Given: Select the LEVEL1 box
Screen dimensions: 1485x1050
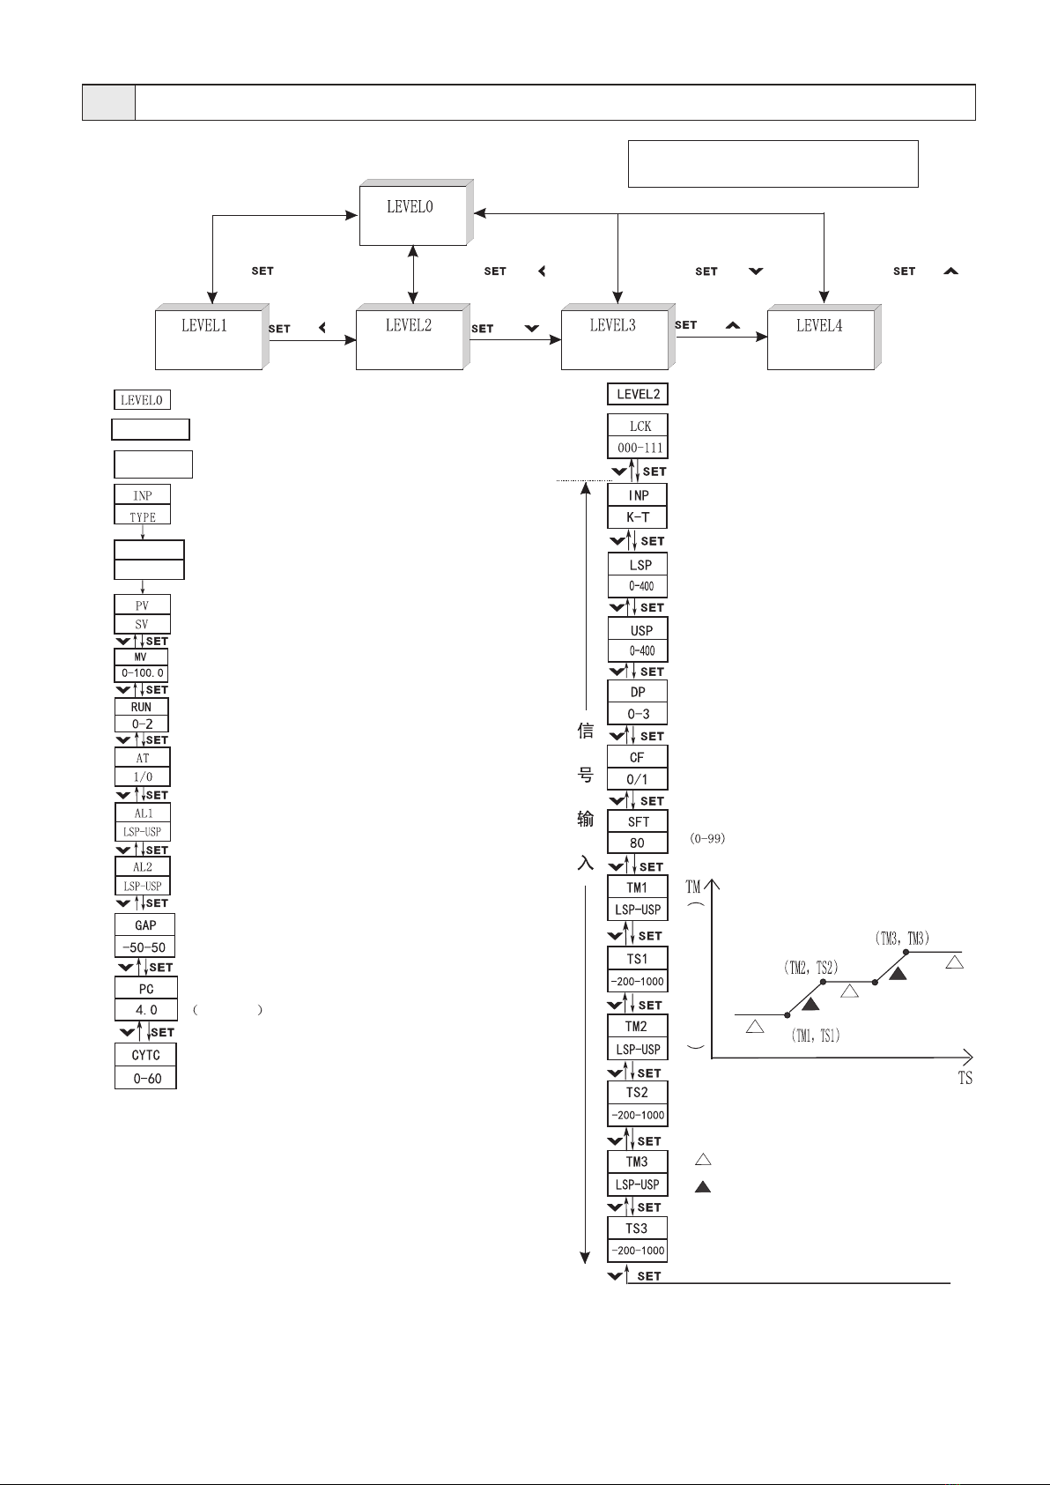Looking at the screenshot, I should [x=208, y=338].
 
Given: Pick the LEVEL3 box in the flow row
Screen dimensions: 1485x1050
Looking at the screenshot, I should [x=614, y=338].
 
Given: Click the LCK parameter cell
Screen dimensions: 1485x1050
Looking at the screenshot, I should [x=638, y=426].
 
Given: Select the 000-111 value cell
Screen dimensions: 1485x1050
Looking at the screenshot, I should [x=638, y=448].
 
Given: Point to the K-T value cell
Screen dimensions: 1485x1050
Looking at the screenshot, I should [x=638, y=517].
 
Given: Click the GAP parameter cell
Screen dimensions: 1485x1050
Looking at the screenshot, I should [x=145, y=924].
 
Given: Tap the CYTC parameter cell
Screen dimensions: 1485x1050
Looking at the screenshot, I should [x=145, y=1055].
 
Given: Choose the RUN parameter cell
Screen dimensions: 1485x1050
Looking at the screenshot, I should [x=141, y=707].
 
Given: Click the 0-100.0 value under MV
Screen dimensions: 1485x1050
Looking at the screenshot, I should [x=141, y=673].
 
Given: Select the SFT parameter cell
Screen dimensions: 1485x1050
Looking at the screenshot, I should [x=638, y=821].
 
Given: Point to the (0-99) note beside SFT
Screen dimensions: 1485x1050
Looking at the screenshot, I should [x=707, y=839].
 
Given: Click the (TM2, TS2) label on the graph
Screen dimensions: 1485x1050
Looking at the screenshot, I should [x=810, y=967].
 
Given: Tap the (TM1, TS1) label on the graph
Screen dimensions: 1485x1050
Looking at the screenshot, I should [x=816, y=1036].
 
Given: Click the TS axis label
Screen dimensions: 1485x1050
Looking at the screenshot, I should [x=965, y=1078].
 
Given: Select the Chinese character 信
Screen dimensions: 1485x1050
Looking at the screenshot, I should [x=585, y=731].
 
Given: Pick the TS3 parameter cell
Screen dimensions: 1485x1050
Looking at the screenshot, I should [x=637, y=1229].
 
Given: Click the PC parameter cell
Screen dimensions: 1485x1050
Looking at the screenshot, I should [x=146, y=989].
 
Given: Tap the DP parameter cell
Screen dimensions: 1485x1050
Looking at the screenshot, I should [x=638, y=692].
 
